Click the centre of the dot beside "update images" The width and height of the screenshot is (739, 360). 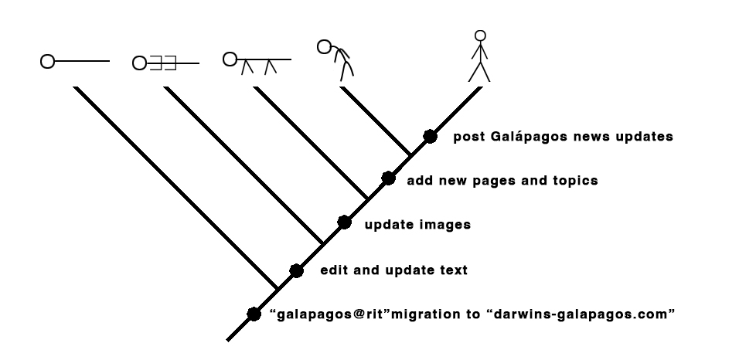344,222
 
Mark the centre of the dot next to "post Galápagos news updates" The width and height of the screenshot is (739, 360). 430,136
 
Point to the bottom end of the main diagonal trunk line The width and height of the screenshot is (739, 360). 228,340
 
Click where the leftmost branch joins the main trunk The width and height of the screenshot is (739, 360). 278,288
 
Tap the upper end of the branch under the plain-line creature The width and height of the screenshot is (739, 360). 76,87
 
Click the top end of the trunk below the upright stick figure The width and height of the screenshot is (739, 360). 481,87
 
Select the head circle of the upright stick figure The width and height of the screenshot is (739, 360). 480,36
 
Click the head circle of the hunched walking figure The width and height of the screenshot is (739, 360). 324,46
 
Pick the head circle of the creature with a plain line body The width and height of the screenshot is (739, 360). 48,61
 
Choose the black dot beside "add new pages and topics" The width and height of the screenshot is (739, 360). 388,178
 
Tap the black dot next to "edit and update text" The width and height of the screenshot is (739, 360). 296,270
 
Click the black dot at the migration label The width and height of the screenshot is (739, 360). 254,314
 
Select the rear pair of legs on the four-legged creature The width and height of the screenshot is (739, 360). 270,67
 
